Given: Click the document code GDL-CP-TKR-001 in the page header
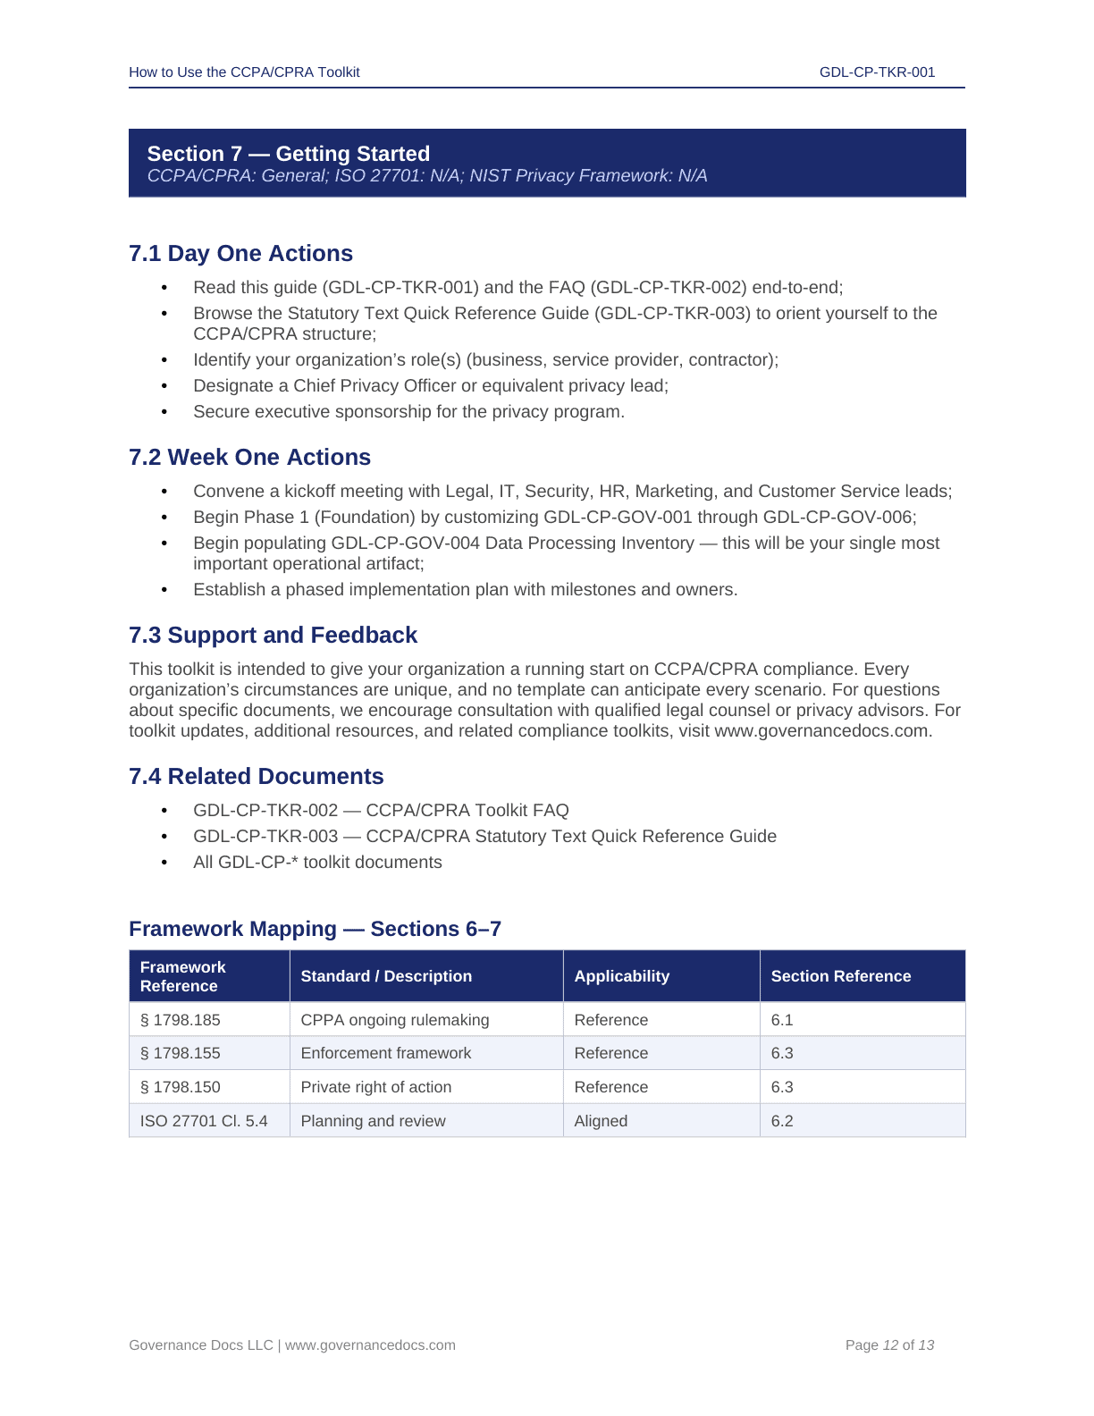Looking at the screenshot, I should click(x=877, y=72).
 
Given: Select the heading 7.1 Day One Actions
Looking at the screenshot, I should click(x=240, y=254).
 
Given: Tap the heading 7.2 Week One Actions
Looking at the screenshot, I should click(x=249, y=458).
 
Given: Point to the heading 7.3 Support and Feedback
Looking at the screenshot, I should click(x=273, y=636).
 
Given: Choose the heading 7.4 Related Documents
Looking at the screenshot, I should click(x=256, y=777).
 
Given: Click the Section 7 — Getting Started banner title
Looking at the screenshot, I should click(x=288, y=154).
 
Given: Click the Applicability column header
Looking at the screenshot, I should click(x=621, y=976).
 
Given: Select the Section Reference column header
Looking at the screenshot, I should click(x=840, y=976).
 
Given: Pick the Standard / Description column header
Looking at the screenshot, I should click(x=386, y=976).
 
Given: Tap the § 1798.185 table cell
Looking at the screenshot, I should click(x=181, y=1020).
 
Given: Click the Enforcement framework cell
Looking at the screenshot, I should click(x=385, y=1053).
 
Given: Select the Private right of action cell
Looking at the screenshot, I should click(x=375, y=1087).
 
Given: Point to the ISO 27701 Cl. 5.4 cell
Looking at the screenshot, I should click(x=204, y=1121).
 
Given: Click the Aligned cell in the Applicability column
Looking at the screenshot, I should click(x=601, y=1121).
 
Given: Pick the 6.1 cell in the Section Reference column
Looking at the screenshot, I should click(x=782, y=1020).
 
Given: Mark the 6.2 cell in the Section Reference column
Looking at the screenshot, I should click(x=782, y=1121).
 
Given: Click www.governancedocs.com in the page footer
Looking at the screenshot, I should click(x=370, y=1345).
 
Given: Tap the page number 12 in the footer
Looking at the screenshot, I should click(x=890, y=1345).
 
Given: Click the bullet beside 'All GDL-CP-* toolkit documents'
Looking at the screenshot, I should click(x=164, y=863).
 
